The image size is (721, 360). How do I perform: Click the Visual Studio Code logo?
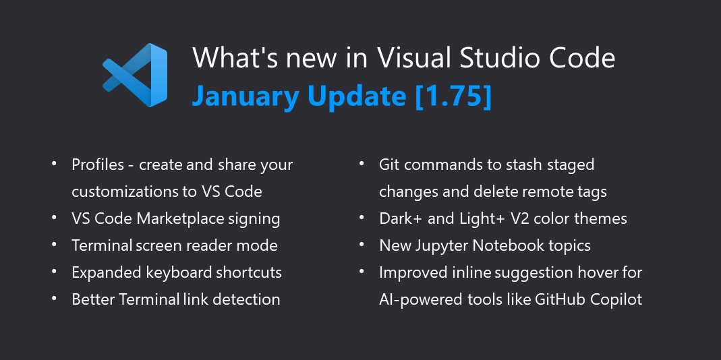click(135, 74)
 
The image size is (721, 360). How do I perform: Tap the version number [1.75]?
click(453, 96)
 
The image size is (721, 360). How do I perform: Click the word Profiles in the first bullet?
click(98, 164)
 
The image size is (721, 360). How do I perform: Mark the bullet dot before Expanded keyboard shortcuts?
click(54, 272)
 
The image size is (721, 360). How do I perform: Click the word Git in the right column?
click(391, 164)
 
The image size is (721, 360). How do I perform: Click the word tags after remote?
click(592, 191)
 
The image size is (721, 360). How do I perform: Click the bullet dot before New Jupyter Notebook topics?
click(362, 245)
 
